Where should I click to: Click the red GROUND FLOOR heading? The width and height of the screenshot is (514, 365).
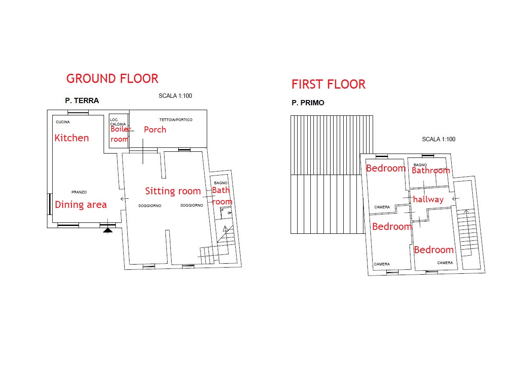[x=112, y=79]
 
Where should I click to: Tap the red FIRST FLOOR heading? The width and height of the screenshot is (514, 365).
[x=328, y=84]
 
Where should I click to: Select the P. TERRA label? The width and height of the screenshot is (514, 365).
[x=82, y=100]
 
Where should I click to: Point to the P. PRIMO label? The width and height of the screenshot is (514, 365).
[x=308, y=103]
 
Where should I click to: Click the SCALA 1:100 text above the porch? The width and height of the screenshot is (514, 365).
[x=176, y=96]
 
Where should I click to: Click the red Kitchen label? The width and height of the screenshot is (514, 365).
[x=72, y=138]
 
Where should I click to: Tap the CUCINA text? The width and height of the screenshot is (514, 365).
[x=63, y=122]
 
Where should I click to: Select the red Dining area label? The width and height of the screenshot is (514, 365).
[x=81, y=205]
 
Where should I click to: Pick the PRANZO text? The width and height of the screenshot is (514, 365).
[x=79, y=192]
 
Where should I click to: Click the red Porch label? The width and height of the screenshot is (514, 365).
[x=155, y=129]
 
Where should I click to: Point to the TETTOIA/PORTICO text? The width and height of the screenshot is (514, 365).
[x=176, y=120]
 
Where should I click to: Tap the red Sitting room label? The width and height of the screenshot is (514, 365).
[x=173, y=191]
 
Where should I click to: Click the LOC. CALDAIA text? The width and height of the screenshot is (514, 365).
[x=118, y=122]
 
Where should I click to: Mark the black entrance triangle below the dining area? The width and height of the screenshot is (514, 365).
[x=108, y=231]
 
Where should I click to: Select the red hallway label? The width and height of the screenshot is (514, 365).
[x=428, y=199]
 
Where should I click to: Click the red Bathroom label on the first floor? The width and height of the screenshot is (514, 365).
[x=431, y=170]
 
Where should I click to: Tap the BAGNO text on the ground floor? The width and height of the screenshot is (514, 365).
[x=221, y=183]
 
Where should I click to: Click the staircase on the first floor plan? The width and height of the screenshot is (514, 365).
[x=467, y=233]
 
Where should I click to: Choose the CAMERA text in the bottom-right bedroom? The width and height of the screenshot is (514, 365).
[x=445, y=263]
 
